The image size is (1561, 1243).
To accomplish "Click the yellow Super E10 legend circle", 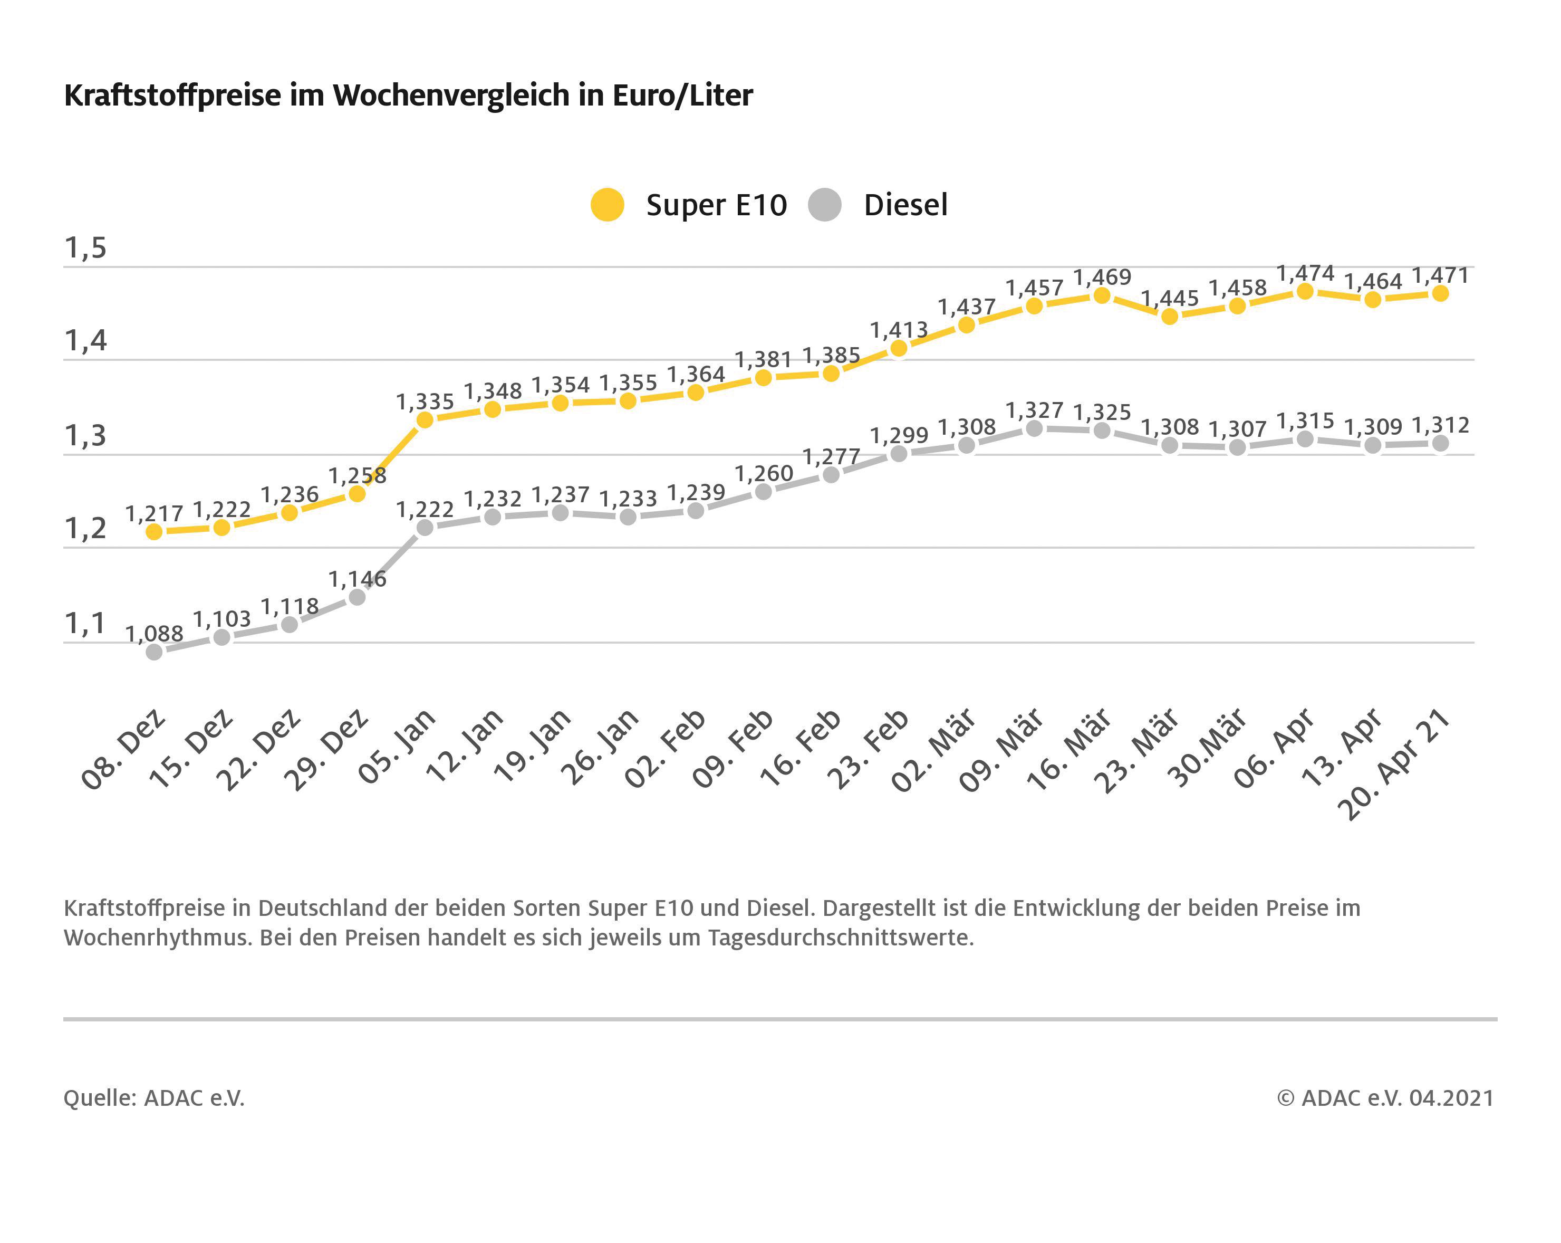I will point(607,205).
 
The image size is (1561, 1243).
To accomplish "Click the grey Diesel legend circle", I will point(825,205).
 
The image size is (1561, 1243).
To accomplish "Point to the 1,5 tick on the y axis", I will point(85,248).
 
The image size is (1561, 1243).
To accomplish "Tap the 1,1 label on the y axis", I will point(85,624).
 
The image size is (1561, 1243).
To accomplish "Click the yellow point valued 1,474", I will point(1305,292).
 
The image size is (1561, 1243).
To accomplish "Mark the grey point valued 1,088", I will point(154,652).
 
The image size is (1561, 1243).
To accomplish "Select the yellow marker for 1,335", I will point(425,420).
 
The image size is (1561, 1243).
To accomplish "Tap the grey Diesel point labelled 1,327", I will point(1035,429).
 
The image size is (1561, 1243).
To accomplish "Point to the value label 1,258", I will point(357,476).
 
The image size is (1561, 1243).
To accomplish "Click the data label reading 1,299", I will point(899,435).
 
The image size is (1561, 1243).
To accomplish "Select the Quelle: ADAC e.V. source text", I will point(154,1098).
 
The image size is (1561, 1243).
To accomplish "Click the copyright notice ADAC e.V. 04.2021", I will point(1385,1098).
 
